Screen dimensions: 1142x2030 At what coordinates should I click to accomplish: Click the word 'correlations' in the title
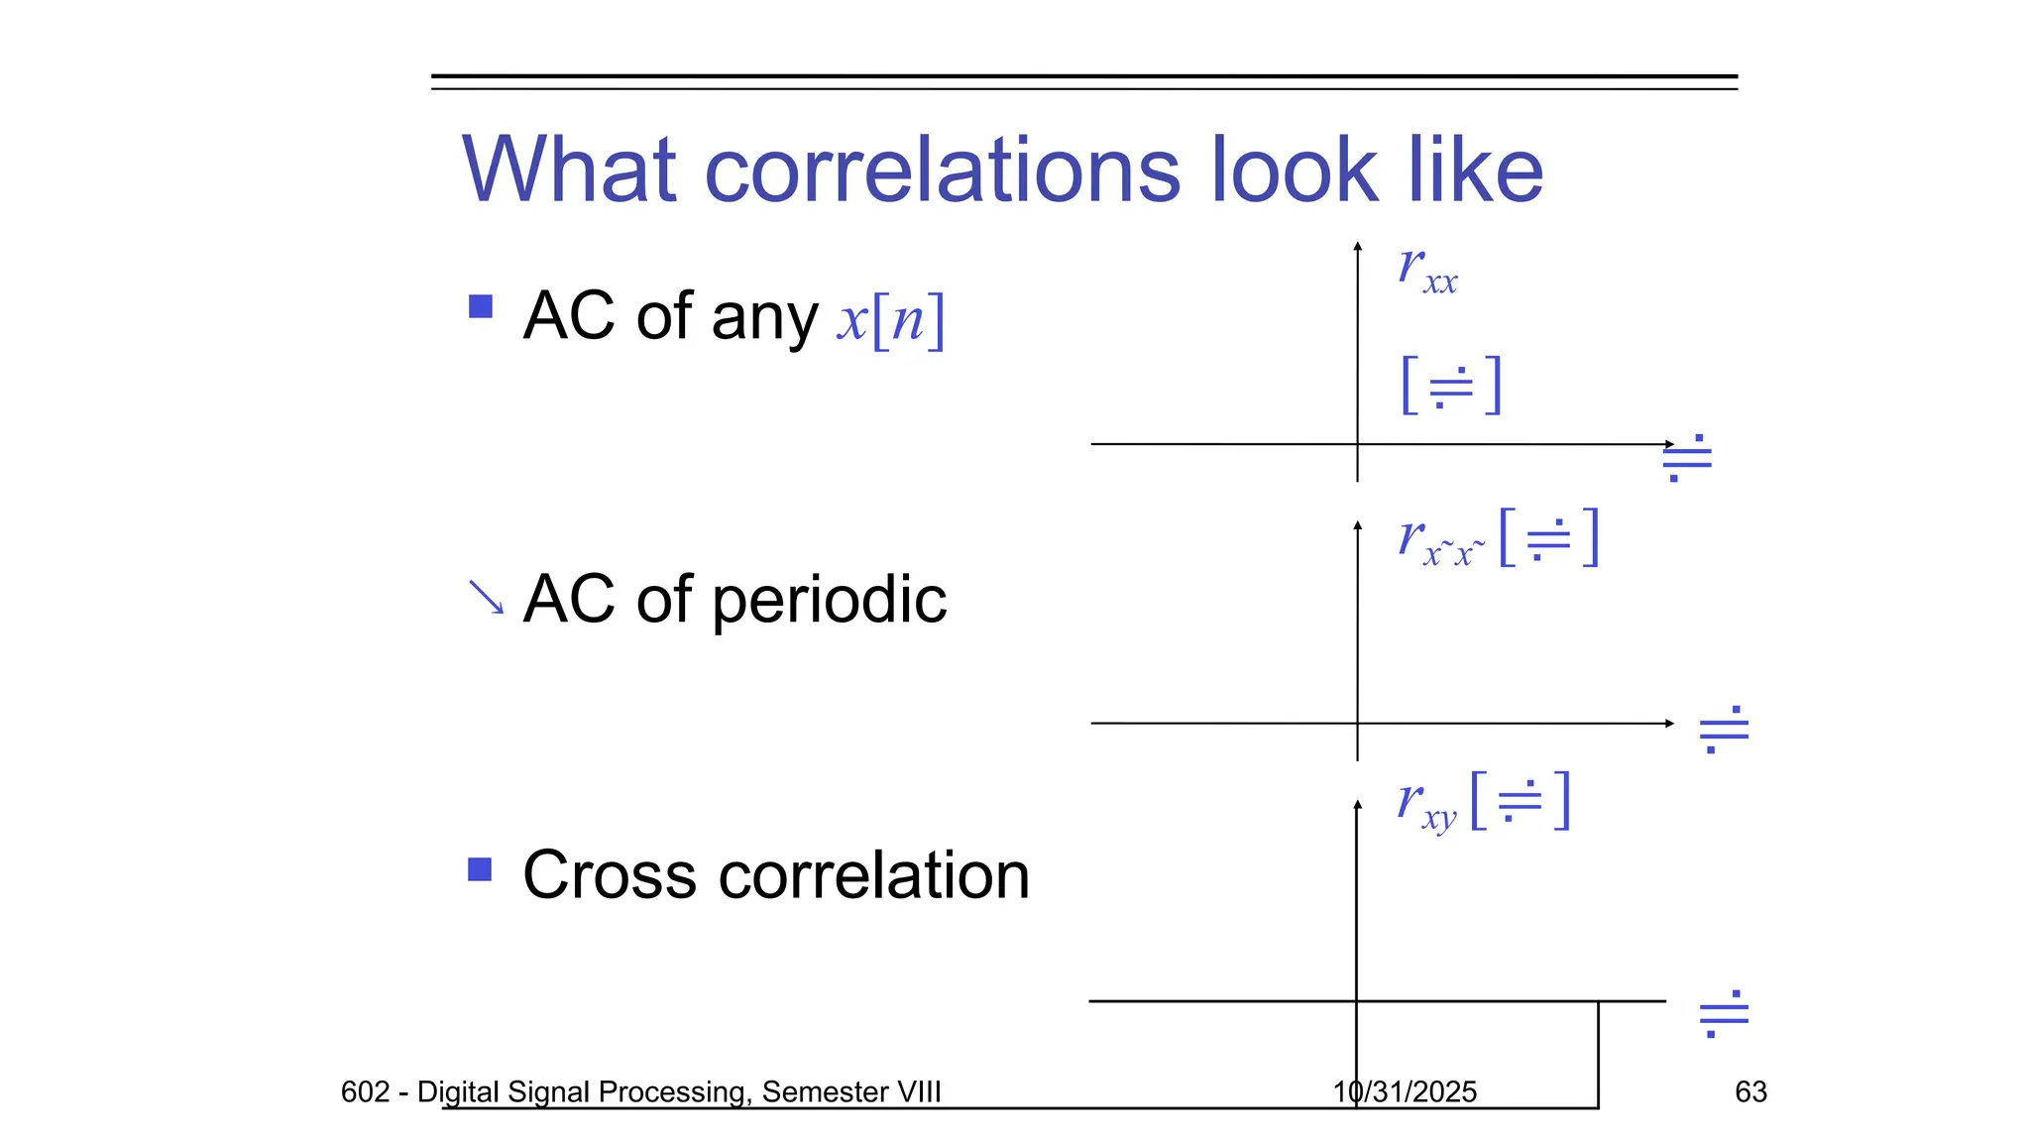click(942, 171)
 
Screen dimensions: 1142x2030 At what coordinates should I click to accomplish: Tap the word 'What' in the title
click(569, 171)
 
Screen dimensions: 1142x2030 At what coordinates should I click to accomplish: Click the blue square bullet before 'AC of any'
click(481, 306)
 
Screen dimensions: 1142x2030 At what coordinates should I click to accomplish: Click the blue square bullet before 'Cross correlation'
click(480, 869)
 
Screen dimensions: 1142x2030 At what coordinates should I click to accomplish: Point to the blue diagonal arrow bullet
click(486, 597)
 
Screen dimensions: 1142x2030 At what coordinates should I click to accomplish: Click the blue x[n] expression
click(890, 320)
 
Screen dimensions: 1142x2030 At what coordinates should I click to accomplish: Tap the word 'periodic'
click(829, 600)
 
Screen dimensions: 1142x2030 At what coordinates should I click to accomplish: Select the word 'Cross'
click(609, 875)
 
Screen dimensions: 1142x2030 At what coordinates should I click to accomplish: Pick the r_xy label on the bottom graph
click(1426, 804)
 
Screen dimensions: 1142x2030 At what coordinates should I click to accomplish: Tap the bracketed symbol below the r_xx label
click(1452, 385)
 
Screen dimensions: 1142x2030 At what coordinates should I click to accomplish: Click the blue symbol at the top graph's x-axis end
click(1687, 458)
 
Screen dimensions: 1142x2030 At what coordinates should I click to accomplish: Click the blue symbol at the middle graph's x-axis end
click(1724, 730)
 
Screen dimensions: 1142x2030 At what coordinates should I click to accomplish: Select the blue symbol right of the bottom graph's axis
click(1724, 1013)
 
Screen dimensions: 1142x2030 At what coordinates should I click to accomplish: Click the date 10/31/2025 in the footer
click(1405, 1091)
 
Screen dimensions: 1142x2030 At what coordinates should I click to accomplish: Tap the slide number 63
click(1750, 1091)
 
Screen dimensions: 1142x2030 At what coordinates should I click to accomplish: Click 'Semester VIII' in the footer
click(851, 1091)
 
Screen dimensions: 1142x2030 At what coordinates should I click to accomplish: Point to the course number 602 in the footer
click(365, 1091)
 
